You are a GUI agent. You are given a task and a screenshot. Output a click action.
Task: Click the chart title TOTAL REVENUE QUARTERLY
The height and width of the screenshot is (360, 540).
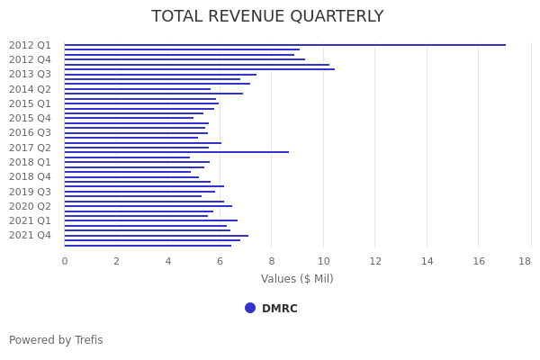267,17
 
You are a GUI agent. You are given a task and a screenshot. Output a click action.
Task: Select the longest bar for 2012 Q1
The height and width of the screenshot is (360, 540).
284,45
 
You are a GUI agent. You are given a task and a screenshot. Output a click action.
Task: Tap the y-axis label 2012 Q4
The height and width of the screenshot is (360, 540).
30,59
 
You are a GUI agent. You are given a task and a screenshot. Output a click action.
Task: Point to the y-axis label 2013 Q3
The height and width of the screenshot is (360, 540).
30,74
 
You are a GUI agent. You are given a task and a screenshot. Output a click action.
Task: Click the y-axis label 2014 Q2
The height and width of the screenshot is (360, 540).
30,89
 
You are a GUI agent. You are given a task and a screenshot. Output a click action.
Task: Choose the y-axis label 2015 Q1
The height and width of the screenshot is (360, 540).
30,103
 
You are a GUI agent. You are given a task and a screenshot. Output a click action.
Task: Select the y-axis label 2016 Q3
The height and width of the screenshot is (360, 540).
30,132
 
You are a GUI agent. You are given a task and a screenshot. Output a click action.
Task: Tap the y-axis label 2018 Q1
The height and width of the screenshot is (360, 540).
30,162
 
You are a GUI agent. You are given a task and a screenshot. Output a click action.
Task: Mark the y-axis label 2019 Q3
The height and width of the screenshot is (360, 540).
30,192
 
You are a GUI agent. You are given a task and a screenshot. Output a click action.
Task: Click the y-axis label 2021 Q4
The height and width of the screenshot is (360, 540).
30,235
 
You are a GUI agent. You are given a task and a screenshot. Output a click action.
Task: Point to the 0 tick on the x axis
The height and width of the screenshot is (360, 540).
64,261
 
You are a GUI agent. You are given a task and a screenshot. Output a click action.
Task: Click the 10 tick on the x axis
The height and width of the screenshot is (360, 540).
323,261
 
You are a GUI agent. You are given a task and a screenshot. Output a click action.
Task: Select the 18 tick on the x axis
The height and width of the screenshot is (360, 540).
525,261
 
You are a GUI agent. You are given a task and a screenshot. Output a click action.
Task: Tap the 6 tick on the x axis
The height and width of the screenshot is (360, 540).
220,261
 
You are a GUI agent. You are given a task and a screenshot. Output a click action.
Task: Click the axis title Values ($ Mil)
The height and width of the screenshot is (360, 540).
297,279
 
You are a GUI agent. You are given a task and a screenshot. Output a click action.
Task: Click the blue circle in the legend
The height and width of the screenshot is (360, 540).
250,308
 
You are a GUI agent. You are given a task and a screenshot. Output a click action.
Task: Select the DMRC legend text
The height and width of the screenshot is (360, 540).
279,309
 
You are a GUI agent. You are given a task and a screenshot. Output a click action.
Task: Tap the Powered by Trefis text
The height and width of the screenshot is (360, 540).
56,340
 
